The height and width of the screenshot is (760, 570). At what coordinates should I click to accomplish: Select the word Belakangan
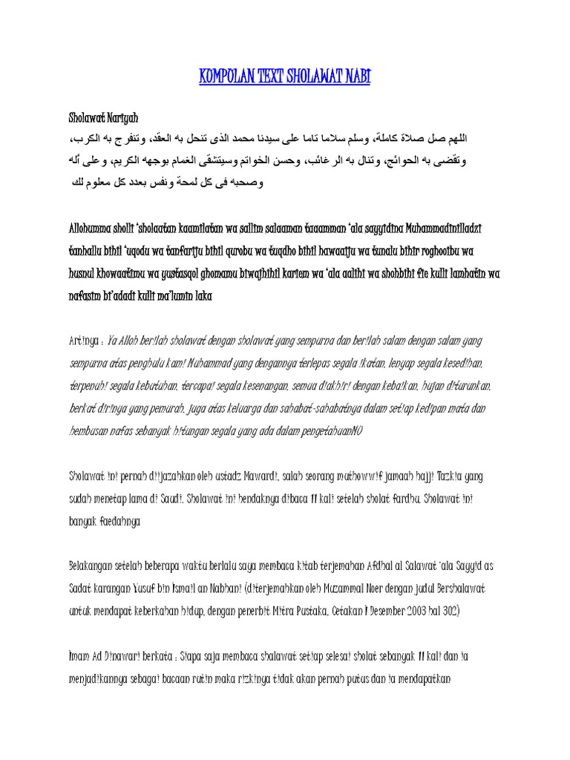[95, 566]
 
